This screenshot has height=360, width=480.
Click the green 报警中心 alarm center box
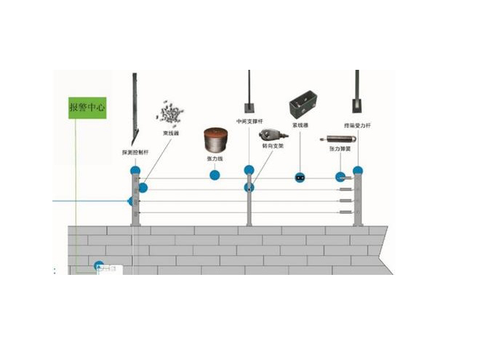coord(87,108)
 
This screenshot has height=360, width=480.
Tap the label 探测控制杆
coord(135,153)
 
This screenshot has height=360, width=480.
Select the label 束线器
coord(171,133)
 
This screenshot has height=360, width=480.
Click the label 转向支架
coord(272,145)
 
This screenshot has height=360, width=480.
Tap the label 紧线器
coord(301,124)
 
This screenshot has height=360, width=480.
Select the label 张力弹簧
coord(340,148)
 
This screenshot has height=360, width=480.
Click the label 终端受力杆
coord(357,124)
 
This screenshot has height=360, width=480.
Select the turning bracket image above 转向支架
coord(270,134)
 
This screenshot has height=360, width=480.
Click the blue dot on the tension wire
coord(215,175)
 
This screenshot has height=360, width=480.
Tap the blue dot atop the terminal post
coord(358,170)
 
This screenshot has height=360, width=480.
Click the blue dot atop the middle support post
coord(249,170)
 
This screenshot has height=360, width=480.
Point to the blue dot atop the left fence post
coord(135,170)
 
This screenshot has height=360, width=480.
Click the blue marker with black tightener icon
coord(300,177)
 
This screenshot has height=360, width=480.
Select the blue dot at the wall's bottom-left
coord(99,266)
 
